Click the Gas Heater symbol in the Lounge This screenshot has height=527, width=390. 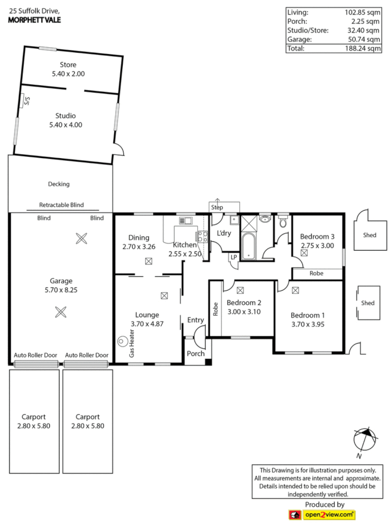[121, 341]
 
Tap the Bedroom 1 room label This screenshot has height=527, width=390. [308, 315]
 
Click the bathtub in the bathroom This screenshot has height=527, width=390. [249, 246]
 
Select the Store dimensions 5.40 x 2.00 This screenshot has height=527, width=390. [68, 74]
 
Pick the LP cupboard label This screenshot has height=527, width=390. [234, 257]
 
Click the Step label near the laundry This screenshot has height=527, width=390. [217, 208]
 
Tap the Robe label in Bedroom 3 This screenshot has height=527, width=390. [316, 274]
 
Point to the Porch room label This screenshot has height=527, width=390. [196, 353]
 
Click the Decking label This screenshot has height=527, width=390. [58, 184]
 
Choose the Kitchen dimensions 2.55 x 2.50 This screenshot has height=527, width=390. [185, 254]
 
